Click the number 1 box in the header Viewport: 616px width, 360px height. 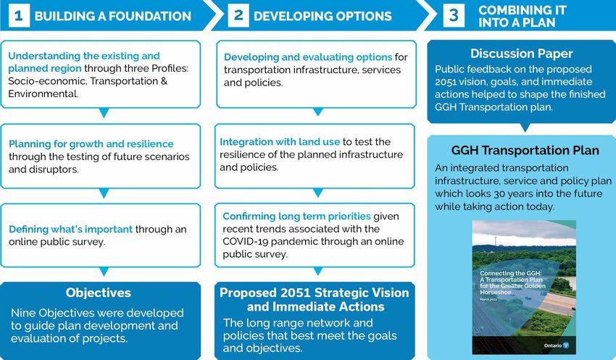[x=19, y=16]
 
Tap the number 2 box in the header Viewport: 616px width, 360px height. [x=238, y=16]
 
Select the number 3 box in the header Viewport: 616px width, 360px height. [x=454, y=16]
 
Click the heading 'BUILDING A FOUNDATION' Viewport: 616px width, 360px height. [x=113, y=16]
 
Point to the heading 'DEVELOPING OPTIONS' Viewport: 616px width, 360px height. [x=322, y=16]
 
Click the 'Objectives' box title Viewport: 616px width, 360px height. [x=99, y=293]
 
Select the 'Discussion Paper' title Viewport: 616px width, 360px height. [x=521, y=54]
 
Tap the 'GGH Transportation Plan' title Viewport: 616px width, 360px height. [x=525, y=151]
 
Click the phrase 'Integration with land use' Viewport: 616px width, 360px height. [x=280, y=142]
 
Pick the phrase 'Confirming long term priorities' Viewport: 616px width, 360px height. [x=296, y=217]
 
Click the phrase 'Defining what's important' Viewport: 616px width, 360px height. [x=71, y=230]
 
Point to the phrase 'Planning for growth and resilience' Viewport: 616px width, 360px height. [x=91, y=144]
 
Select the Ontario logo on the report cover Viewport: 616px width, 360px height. [x=557, y=346]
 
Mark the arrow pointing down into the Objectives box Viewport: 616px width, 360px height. [x=104, y=272]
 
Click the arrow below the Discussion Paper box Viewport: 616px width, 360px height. [x=525, y=127]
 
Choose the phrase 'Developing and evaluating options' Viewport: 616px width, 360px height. [x=308, y=57]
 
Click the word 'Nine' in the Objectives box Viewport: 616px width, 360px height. [x=23, y=313]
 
